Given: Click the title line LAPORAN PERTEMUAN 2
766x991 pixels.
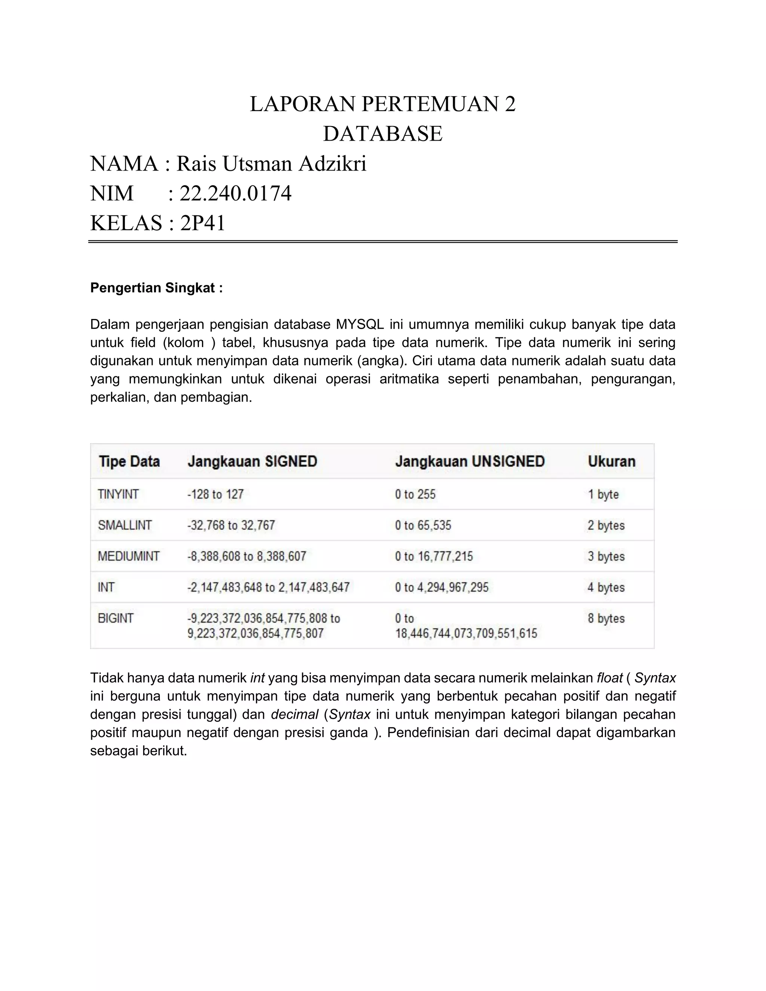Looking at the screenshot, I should (383, 104).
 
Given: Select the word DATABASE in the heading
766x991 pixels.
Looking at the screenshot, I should (383, 134).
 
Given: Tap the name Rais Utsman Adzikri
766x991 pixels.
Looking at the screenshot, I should (271, 164).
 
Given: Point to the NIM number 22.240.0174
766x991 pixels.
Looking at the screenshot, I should (235, 194).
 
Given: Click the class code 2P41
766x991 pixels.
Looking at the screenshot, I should (202, 223).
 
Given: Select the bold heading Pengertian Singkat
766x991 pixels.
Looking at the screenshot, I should (156, 288).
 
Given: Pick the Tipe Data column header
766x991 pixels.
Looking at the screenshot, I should (129, 461).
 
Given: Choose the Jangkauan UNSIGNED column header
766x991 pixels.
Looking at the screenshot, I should (470, 461).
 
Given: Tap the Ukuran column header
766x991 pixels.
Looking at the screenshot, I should (611, 461).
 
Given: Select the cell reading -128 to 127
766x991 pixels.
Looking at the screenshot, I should (215, 494).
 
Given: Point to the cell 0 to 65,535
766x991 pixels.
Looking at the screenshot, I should (423, 525).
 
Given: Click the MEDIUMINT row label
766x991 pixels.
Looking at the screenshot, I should (128, 556).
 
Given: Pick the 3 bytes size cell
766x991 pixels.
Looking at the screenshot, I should (606, 556).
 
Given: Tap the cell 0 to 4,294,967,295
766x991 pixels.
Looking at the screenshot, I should (442, 587).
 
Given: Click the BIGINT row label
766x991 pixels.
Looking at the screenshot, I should (116, 619).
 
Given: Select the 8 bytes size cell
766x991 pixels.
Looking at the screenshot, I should (606, 619).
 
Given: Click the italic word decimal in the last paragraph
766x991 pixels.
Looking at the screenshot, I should (294, 715).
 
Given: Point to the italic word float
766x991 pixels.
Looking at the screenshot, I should (609, 678).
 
